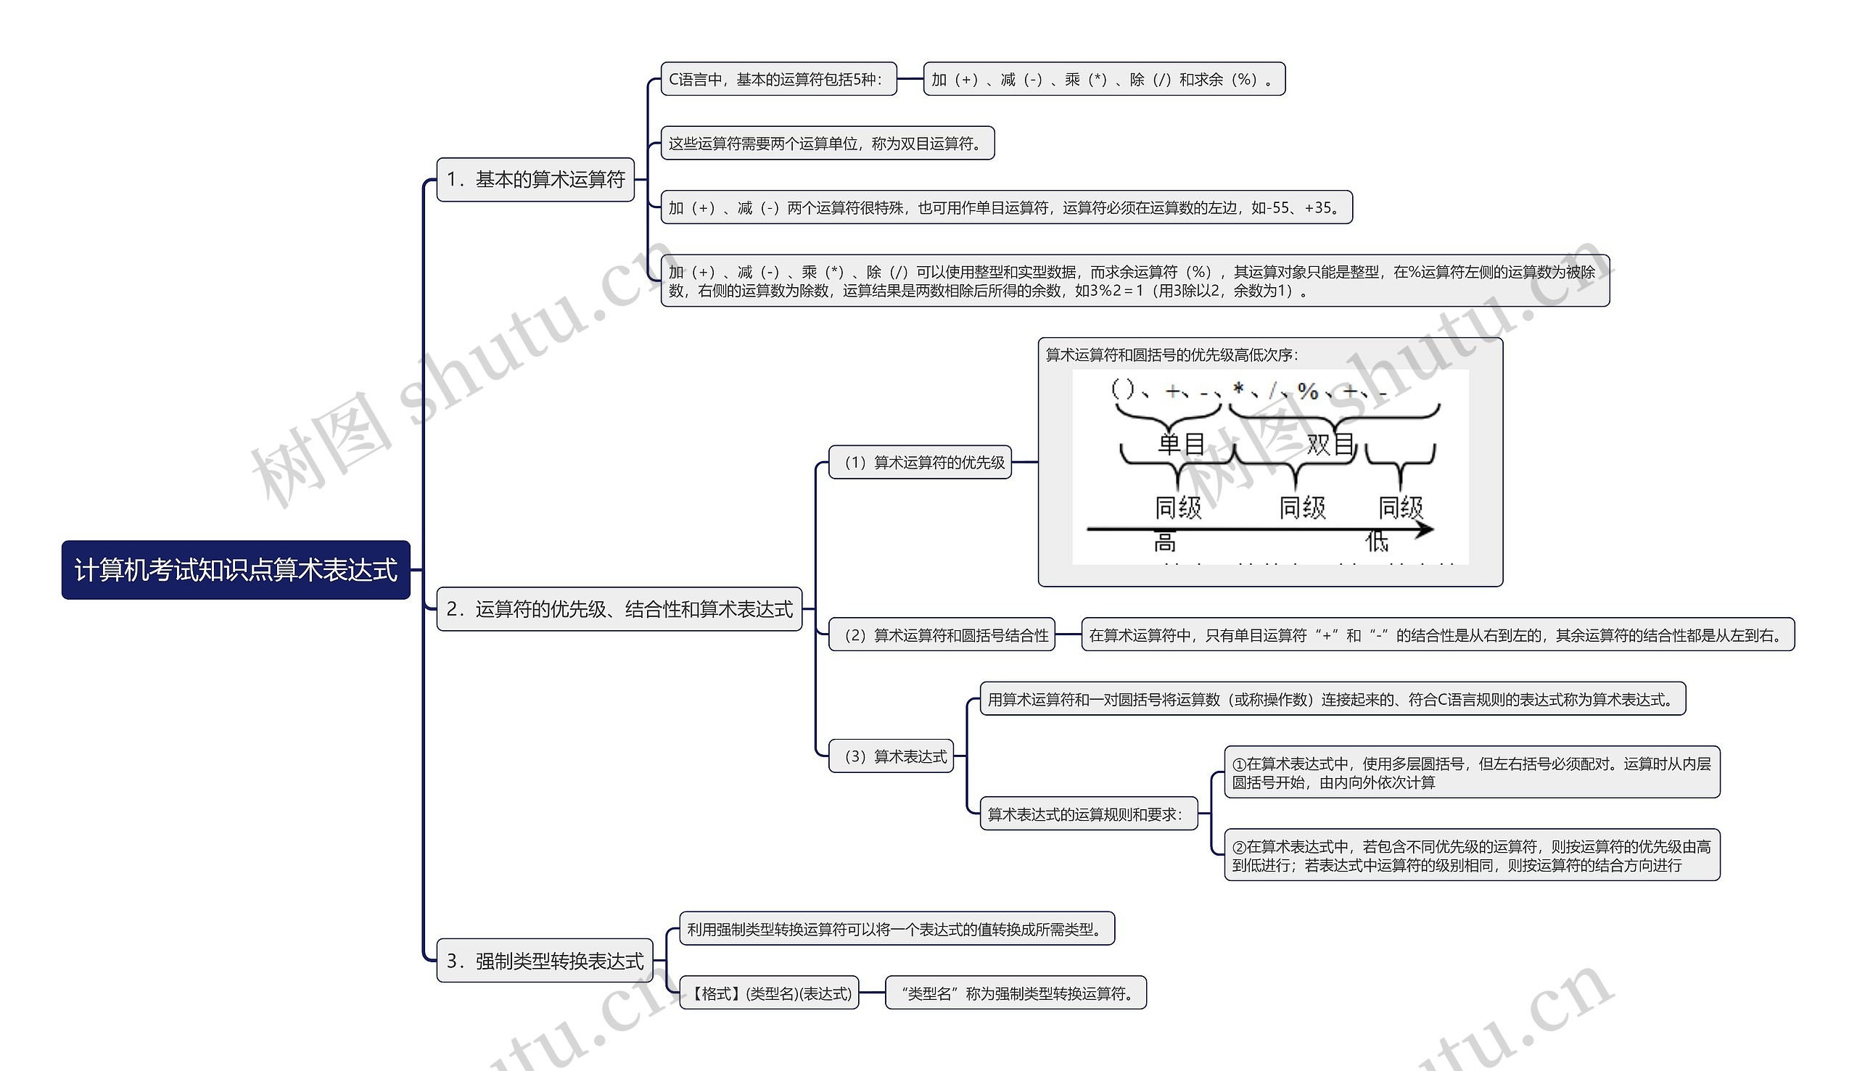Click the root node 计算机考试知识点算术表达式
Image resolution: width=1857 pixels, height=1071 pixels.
[x=236, y=570]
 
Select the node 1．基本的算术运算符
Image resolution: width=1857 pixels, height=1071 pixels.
[x=535, y=180]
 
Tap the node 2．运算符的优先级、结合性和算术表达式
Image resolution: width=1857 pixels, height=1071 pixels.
[x=619, y=609]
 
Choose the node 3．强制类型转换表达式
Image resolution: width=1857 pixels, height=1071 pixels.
[x=545, y=961]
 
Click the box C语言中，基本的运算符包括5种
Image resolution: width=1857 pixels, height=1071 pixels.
[x=778, y=80]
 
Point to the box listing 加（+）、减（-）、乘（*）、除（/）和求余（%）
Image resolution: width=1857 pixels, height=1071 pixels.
[x=1103, y=80]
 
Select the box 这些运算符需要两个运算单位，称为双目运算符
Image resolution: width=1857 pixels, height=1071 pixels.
[x=828, y=144]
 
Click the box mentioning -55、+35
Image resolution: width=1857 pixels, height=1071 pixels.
[x=1007, y=208]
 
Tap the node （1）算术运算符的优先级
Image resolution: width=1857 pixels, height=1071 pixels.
[x=921, y=463]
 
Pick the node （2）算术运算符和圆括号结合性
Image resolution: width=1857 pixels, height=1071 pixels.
[x=942, y=635]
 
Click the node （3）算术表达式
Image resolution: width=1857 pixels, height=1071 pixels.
[x=891, y=756]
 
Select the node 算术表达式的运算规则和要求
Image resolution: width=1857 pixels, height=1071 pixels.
[x=1089, y=814]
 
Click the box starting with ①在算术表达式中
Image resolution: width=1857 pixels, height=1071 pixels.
[x=1472, y=772]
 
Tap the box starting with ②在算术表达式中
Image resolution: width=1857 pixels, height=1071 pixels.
[x=1472, y=856]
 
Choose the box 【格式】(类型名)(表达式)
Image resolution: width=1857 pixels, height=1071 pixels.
[x=769, y=993]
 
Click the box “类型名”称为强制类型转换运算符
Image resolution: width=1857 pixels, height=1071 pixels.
[x=1016, y=993]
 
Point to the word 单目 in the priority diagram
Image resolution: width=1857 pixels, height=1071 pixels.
[x=1181, y=444]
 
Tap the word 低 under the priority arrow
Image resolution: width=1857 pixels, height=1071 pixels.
[x=1376, y=543]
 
